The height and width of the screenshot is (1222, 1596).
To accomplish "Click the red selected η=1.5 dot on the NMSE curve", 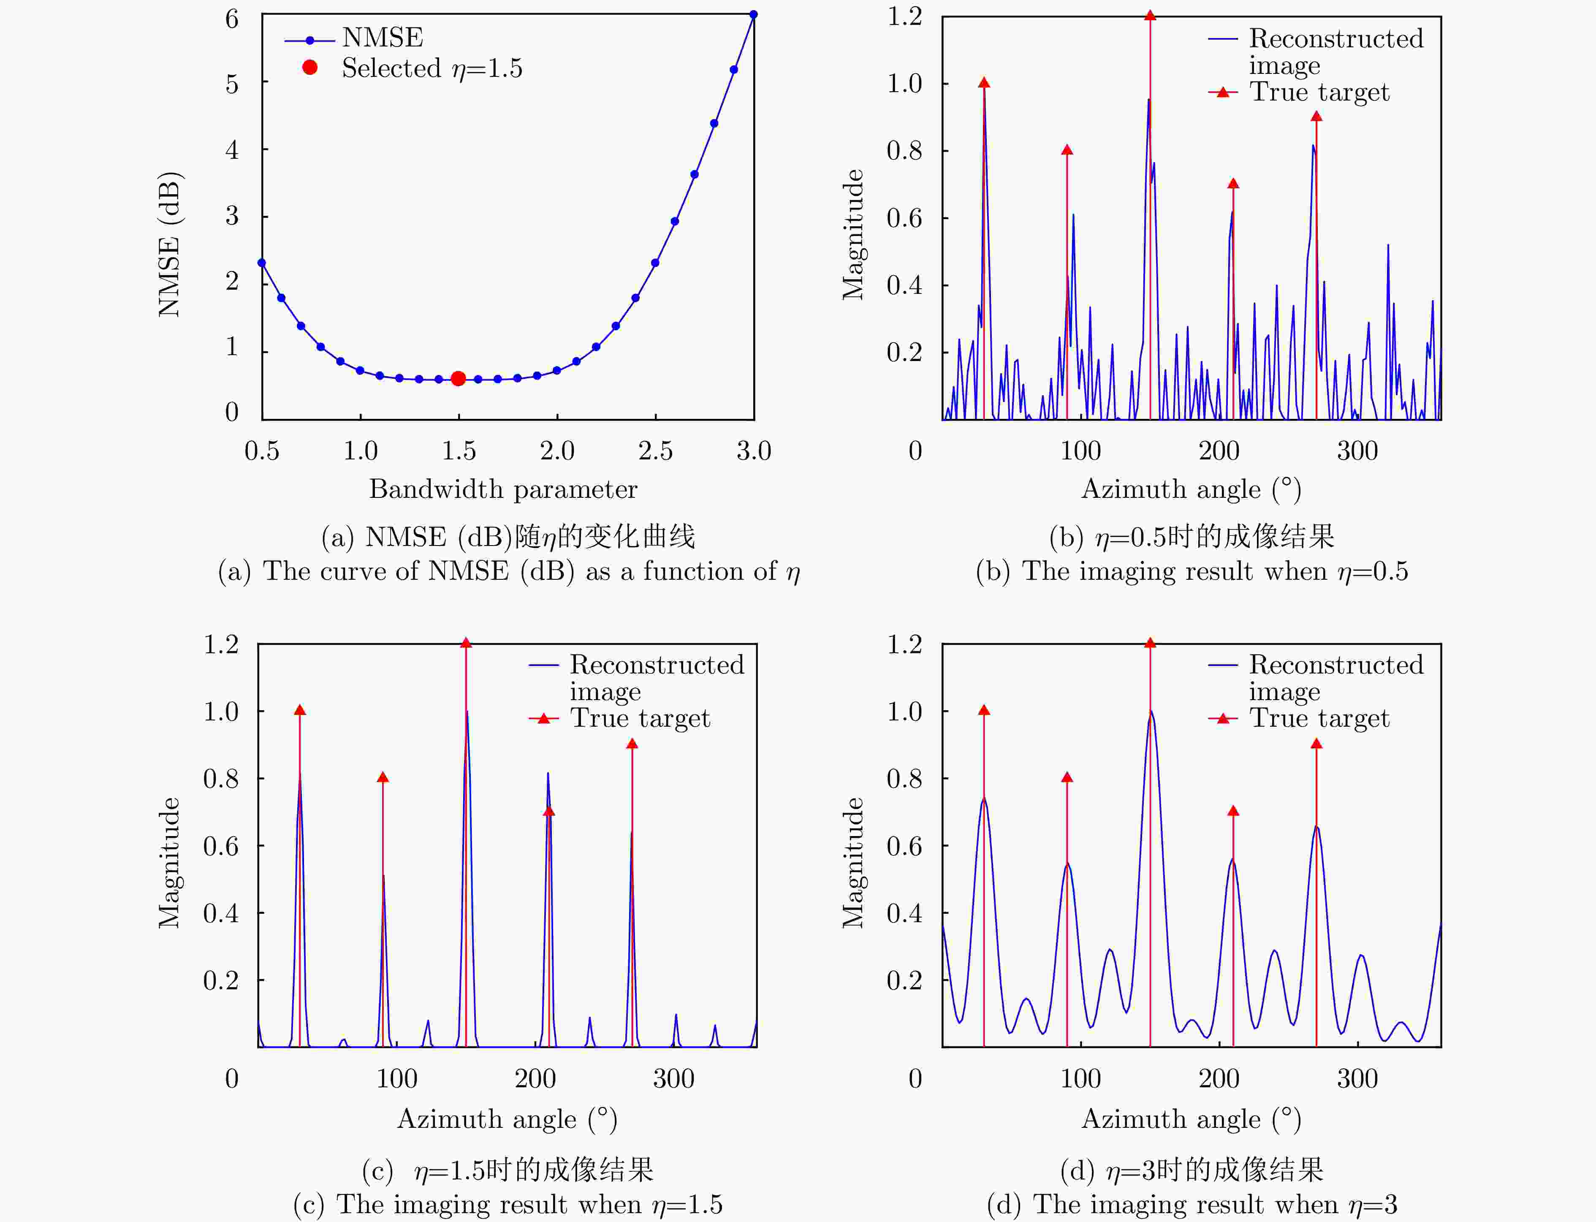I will point(458,378).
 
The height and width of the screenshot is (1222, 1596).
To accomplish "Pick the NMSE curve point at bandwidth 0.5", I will point(262,263).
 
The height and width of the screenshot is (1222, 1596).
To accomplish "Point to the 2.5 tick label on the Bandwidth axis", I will point(655,451).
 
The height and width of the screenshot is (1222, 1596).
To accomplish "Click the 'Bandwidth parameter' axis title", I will point(503,489).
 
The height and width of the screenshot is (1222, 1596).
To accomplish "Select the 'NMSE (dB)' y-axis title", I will point(169,244).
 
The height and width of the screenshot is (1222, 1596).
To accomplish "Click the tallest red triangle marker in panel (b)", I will point(1150,15).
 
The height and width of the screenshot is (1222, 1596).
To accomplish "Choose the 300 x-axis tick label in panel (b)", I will point(1357,451).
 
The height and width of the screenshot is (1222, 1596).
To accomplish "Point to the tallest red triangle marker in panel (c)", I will point(466,643).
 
